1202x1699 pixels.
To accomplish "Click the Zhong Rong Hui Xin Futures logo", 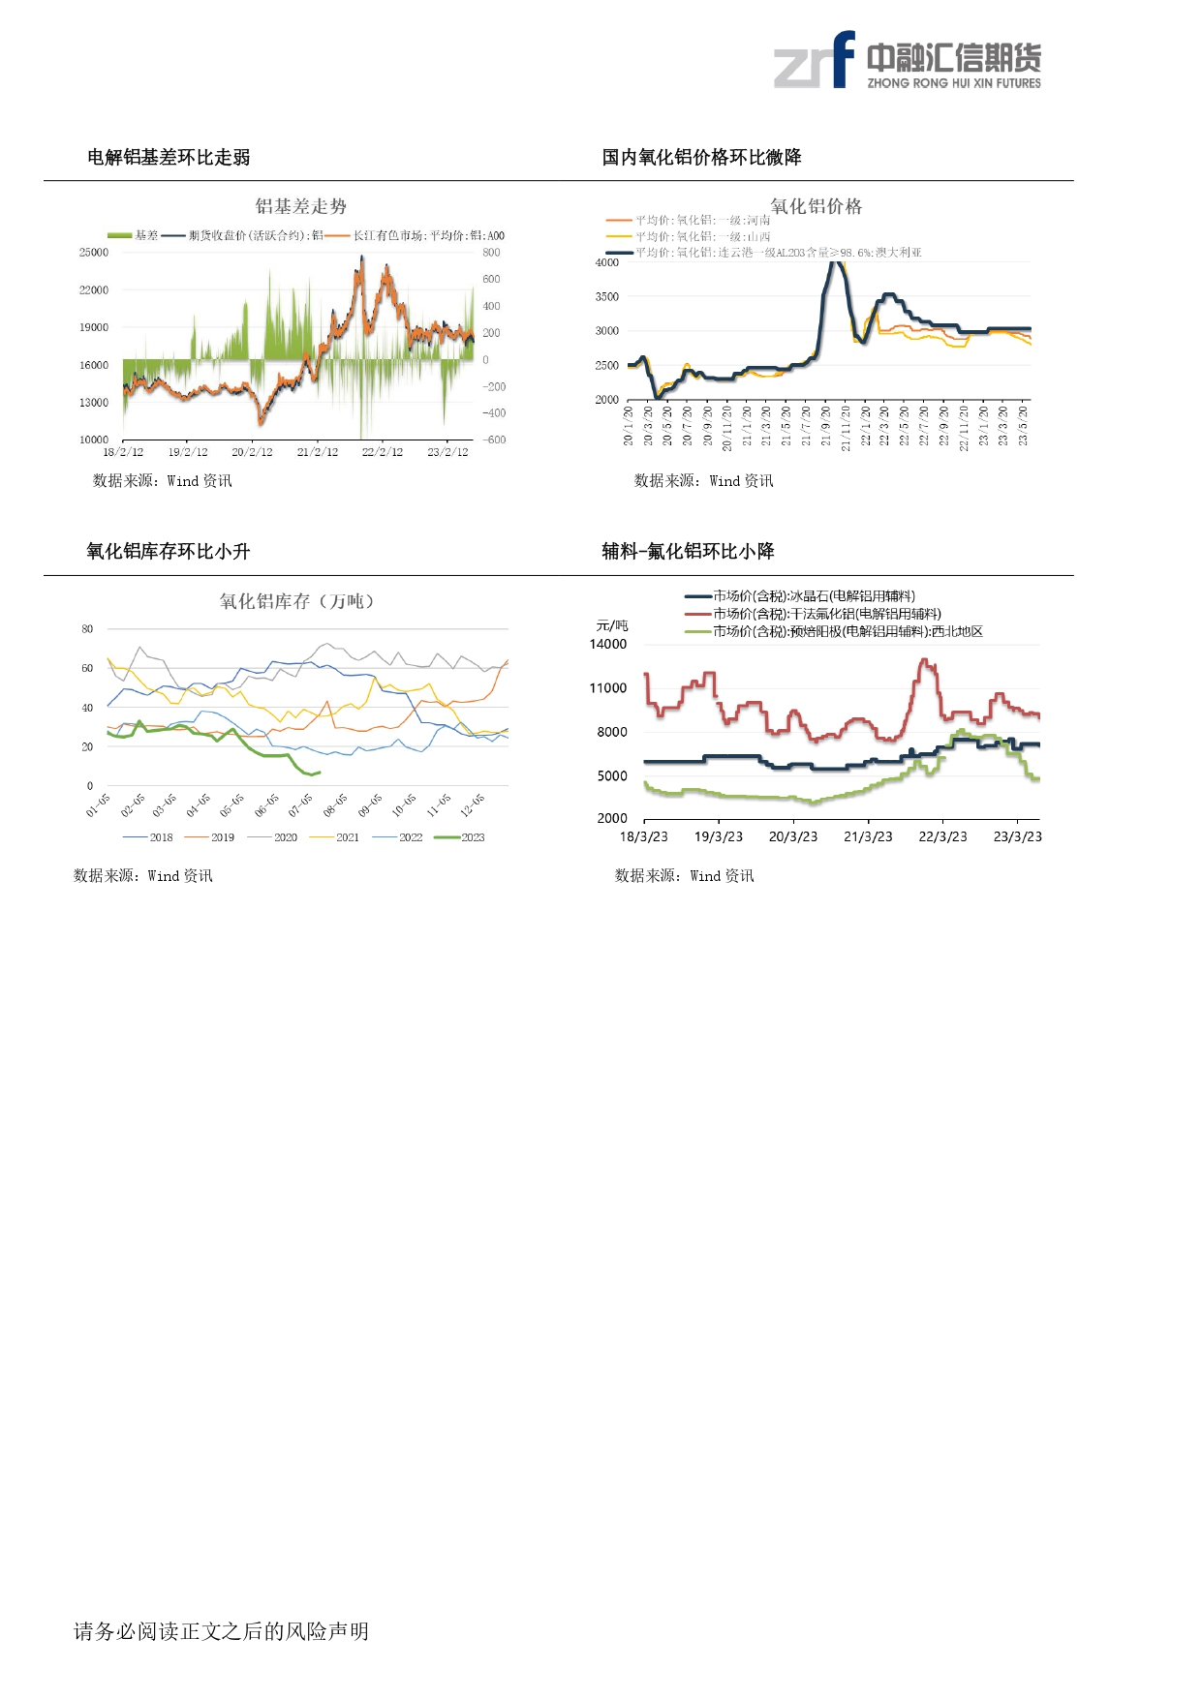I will pyautogui.click(x=907, y=61).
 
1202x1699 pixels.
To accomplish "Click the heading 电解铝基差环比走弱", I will pyautogui.click(x=169, y=157).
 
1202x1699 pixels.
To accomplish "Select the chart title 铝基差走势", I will pyautogui.click(x=300, y=206).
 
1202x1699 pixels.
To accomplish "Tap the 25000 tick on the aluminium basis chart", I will pyautogui.click(x=94, y=253).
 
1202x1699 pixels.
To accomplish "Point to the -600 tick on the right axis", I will pyautogui.click(x=494, y=440).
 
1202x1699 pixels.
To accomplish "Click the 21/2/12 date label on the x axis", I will pyautogui.click(x=318, y=452).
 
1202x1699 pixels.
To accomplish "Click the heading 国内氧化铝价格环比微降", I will pyautogui.click(x=701, y=157).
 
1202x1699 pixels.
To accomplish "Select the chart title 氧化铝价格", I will pyautogui.click(x=816, y=206).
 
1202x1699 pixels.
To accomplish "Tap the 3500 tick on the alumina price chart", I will pyautogui.click(x=607, y=297).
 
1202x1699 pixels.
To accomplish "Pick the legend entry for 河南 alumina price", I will pyautogui.click(x=689, y=221).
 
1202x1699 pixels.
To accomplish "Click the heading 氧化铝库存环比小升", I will pyautogui.click(x=169, y=552).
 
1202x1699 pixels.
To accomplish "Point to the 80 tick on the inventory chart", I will pyautogui.click(x=88, y=629).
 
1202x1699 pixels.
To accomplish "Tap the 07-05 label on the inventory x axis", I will pyautogui.click(x=300, y=804).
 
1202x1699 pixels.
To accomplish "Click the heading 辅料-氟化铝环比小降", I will pyautogui.click(x=688, y=552).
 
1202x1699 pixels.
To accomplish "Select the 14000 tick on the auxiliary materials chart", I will pyautogui.click(x=608, y=644).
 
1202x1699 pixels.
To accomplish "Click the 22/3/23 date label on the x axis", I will pyautogui.click(x=942, y=836).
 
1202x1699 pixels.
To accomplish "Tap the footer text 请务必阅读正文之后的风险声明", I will pyautogui.click(x=221, y=1631).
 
